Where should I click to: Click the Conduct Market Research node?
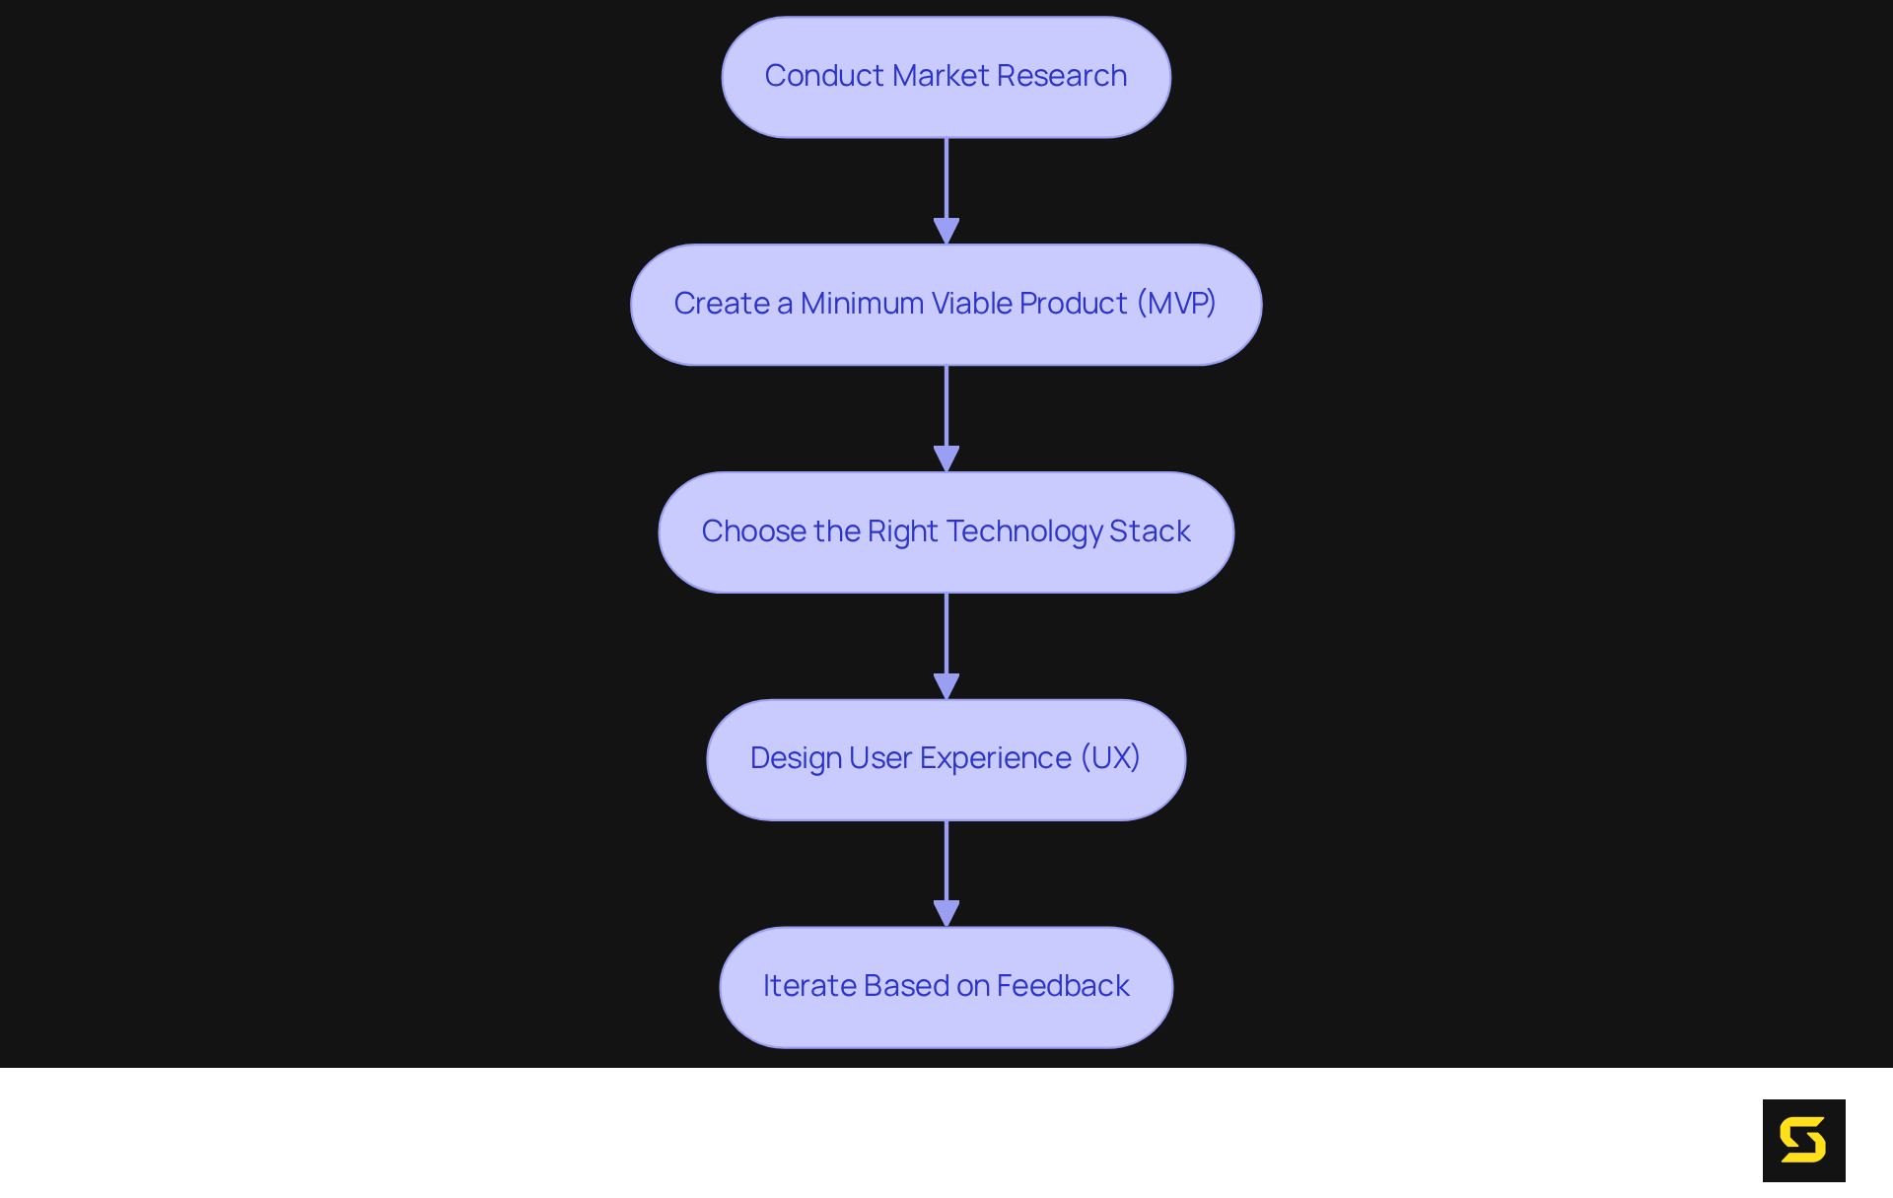(946, 77)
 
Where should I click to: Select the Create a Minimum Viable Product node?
(946, 305)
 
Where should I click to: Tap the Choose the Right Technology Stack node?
(946, 532)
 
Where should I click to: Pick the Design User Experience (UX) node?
(946, 759)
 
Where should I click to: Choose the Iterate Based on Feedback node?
(946, 987)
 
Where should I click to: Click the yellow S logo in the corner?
(1803, 1140)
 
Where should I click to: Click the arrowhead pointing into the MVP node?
(946, 232)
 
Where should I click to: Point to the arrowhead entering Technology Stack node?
(946, 459)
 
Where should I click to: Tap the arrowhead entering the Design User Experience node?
(946, 686)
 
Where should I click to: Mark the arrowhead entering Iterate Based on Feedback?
(946, 914)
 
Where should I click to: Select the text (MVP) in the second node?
(1176, 304)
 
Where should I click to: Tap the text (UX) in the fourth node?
(1110, 758)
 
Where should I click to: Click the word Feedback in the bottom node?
(1063, 986)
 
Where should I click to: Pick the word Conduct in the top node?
(824, 76)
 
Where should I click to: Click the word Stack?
(1150, 531)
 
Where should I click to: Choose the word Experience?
(995, 758)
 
